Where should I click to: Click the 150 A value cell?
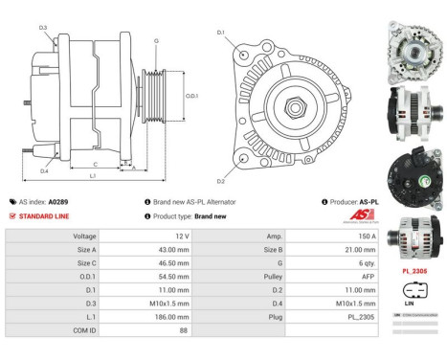click(x=335, y=235)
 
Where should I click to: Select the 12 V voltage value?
click(x=147, y=235)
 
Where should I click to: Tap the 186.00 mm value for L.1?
click(x=147, y=315)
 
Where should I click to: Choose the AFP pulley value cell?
click(x=335, y=275)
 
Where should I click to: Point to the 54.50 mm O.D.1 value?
click(x=147, y=275)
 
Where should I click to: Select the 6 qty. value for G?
click(x=335, y=261)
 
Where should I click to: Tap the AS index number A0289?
click(x=84, y=203)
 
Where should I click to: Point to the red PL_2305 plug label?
click(x=414, y=271)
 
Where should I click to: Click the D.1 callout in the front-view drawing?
click(x=221, y=34)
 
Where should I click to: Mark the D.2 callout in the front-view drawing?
click(x=221, y=179)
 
